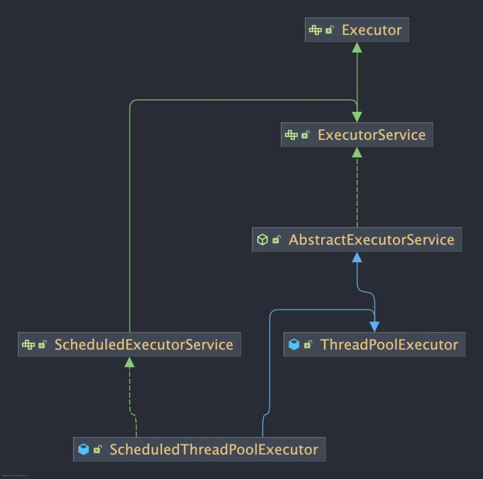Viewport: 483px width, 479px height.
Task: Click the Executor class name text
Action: click(372, 30)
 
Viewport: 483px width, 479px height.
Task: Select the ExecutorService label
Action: click(372, 135)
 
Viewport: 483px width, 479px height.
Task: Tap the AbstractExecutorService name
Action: click(371, 239)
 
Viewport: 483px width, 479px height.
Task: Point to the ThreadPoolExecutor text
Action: click(389, 345)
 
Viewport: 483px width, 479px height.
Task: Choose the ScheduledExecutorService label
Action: click(144, 345)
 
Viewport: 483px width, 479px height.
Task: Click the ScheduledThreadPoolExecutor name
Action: click(214, 450)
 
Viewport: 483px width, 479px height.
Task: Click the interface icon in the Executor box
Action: click(315, 30)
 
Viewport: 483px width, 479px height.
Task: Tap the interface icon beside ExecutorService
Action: click(291, 135)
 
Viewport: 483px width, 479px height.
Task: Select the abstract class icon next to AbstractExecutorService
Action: click(263, 240)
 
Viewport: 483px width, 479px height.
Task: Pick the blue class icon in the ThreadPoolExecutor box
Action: click(294, 345)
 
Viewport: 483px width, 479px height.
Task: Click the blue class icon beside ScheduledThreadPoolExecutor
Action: click(84, 450)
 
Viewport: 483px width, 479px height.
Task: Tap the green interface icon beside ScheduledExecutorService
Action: click(28, 345)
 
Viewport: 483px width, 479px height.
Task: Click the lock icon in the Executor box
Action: click(330, 30)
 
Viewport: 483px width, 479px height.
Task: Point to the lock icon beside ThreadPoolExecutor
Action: click(308, 345)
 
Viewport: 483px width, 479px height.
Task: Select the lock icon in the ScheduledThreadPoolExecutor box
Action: click(97, 450)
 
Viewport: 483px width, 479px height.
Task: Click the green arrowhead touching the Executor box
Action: click(357, 47)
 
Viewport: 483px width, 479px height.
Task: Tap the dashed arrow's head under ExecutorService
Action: click(357, 152)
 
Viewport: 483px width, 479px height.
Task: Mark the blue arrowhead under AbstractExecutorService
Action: click(357, 257)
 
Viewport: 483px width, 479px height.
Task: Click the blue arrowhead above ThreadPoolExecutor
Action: click(374, 327)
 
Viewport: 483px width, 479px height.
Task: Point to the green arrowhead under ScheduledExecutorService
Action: click(129, 362)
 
